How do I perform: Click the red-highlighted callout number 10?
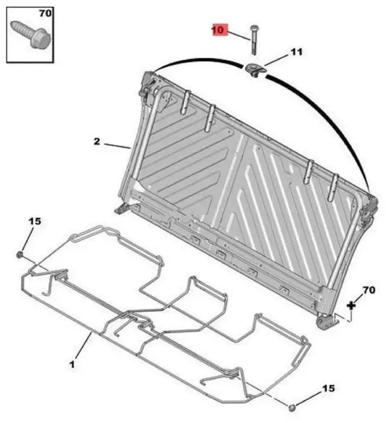tap(219, 30)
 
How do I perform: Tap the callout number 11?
tap(296, 52)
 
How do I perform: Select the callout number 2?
tap(96, 141)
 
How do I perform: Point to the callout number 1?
tap(72, 365)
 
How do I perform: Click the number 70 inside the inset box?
tap(45, 13)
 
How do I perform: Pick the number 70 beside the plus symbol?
tap(369, 290)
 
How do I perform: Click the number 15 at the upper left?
tap(35, 221)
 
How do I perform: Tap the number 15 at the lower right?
tap(329, 389)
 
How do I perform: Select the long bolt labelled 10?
tap(254, 40)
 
